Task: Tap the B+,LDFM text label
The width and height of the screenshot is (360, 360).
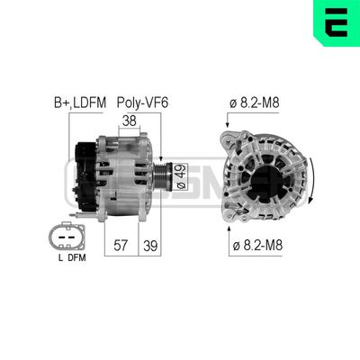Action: [74, 103]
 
